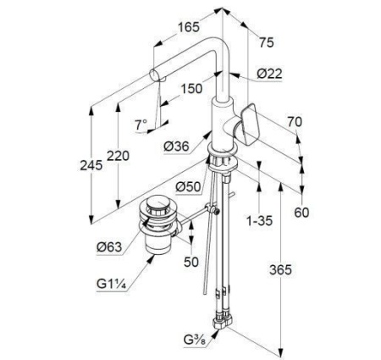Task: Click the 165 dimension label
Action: coord(189,27)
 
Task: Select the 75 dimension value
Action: coord(267,42)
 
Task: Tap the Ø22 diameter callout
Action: coord(269,74)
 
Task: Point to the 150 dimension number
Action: coord(191,89)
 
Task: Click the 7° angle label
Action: coord(141,125)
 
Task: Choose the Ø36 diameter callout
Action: coord(176,146)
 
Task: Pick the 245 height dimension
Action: coord(91,165)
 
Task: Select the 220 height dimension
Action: coord(118,156)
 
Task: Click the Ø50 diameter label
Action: coord(188,186)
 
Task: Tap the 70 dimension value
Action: coord(295,122)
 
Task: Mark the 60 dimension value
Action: coord(301,213)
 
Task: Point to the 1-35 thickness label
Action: coord(260,220)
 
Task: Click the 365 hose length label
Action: coord(280,270)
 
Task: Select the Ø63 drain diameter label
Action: coord(109,247)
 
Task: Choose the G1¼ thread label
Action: coord(111,284)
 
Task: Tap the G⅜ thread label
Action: coord(195,340)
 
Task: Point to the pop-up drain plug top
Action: coord(158,204)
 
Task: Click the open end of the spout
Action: coord(154,75)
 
